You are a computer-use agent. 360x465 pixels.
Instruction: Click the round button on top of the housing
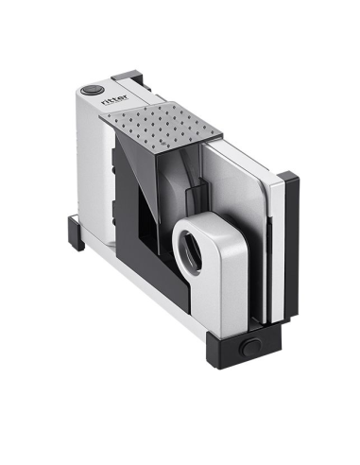(x=92, y=90)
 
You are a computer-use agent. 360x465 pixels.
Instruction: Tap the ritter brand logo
(x=114, y=99)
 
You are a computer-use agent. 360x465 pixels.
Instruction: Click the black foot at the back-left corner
(x=76, y=232)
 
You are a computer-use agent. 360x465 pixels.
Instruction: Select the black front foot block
(x=244, y=346)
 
